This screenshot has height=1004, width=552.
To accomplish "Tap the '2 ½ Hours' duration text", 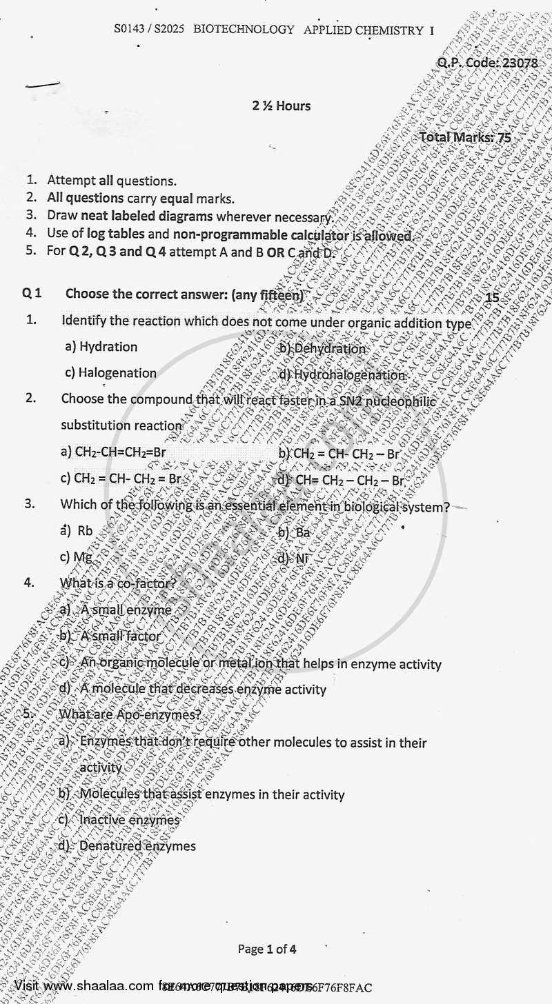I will (x=282, y=106).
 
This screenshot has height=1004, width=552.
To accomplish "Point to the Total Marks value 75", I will (x=504, y=137).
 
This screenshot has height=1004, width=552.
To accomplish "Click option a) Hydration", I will (x=101, y=347).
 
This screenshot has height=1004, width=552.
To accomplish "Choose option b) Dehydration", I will (x=322, y=348).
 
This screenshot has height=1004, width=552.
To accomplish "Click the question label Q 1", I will (x=32, y=293).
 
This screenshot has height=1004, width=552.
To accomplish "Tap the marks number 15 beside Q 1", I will (x=492, y=298).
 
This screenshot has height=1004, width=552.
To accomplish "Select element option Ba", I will (x=303, y=532).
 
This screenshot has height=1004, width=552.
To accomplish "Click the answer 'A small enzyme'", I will (x=126, y=610).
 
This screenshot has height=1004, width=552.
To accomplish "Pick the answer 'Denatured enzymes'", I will (x=137, y=845).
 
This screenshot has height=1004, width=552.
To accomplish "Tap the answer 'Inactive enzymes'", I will (x=129, y=820).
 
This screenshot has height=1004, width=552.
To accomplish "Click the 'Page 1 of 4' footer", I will (x=267, y=949).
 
